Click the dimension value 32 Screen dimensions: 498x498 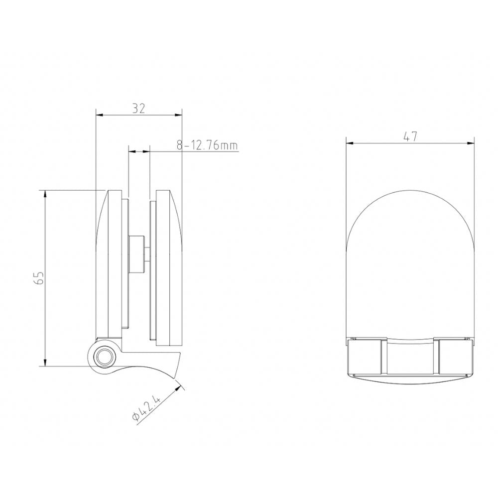tap(139, 109)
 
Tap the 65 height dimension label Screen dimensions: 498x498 tap(40, 278)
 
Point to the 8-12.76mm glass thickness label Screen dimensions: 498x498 tap(207, 145)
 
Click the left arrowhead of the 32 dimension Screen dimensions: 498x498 tap(99, 115)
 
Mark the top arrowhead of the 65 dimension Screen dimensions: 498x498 tap(45, 193)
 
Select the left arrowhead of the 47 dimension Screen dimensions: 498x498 tap(350, 143)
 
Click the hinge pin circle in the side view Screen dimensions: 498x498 tap(104, 356)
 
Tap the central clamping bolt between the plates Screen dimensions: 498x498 tap(138, 255)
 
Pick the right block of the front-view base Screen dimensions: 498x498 tap(455, 357)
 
